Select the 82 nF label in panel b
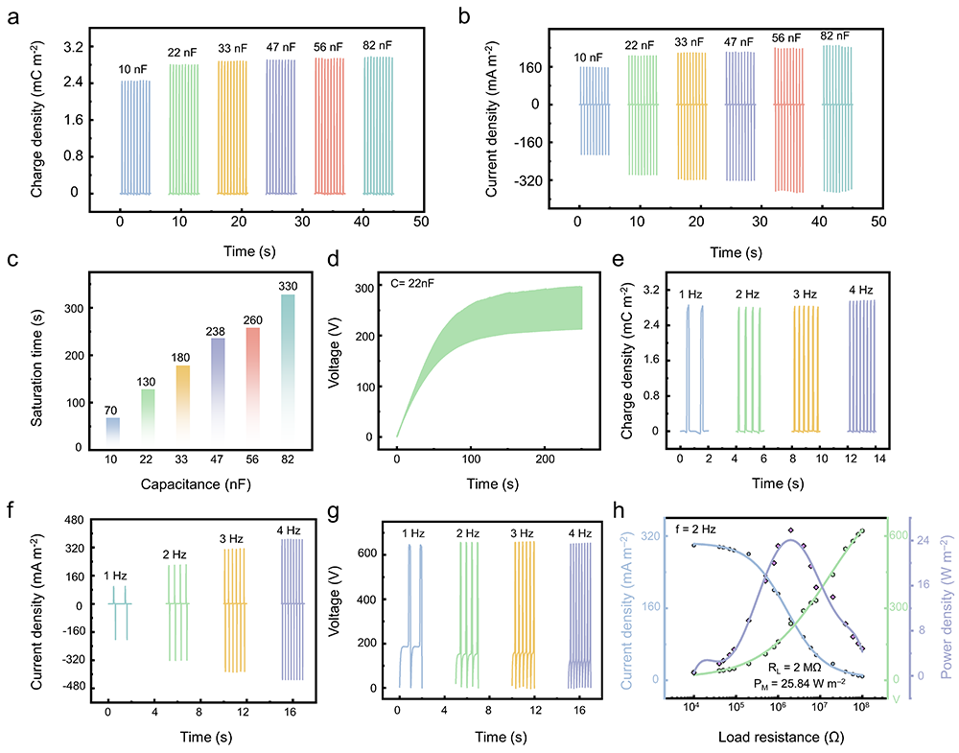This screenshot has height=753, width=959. click(834, 36)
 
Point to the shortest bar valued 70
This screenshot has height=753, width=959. click(113, 433)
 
